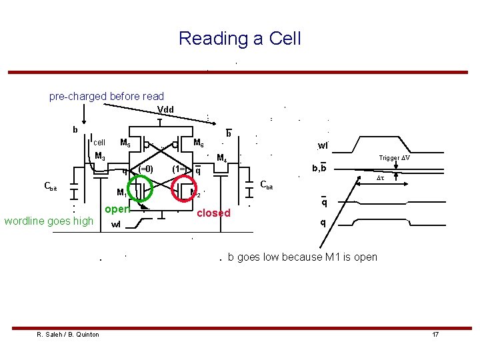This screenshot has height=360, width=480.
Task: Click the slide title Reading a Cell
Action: pyautogui.click(x=239, y=39)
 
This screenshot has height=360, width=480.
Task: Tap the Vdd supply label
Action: pyautogui.click(x=165, y=109)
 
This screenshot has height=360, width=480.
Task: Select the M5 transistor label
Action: pyautogui.click(x=125, y=142)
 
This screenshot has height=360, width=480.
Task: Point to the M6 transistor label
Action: pyautogui.click(x=198, y=142)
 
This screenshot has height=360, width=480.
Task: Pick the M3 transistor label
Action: pyautogui.click(x=100, y=156)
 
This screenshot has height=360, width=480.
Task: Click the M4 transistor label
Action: pyautogui.click(x=223, y=158)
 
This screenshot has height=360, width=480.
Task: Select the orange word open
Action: pyautogui.click(x=116, y=209)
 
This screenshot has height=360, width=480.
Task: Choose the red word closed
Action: pyautogui.click(x=214, y=213)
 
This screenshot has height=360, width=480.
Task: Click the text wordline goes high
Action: pyautogui.click(x=49, y=221)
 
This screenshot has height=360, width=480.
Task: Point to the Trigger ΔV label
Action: pyautogui.click(x=394, y=158)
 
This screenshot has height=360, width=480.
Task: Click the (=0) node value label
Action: pyautogui.click(x=145, y=169)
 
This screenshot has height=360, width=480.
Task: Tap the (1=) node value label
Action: pyautogui.click(x=179, y=169)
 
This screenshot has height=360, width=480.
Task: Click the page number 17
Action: pyautogui.click(x=435, y=334)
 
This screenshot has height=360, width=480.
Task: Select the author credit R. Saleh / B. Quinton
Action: pyautogui.click(x=68, y=334)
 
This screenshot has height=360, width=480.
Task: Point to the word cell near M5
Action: pyautogui.click(x=99, y=142)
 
